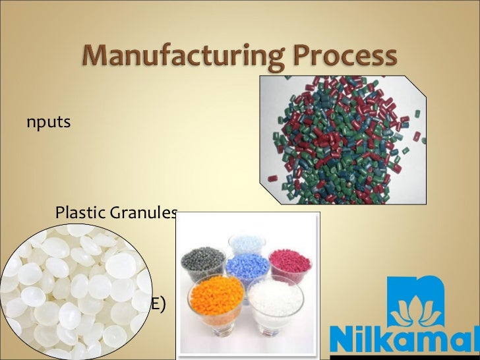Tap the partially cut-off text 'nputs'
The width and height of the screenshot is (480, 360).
[49, 123]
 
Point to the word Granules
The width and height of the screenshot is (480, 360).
[147, 212]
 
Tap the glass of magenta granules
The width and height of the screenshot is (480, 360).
[289, 260]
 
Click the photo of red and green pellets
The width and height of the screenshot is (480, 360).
[342, 138]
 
